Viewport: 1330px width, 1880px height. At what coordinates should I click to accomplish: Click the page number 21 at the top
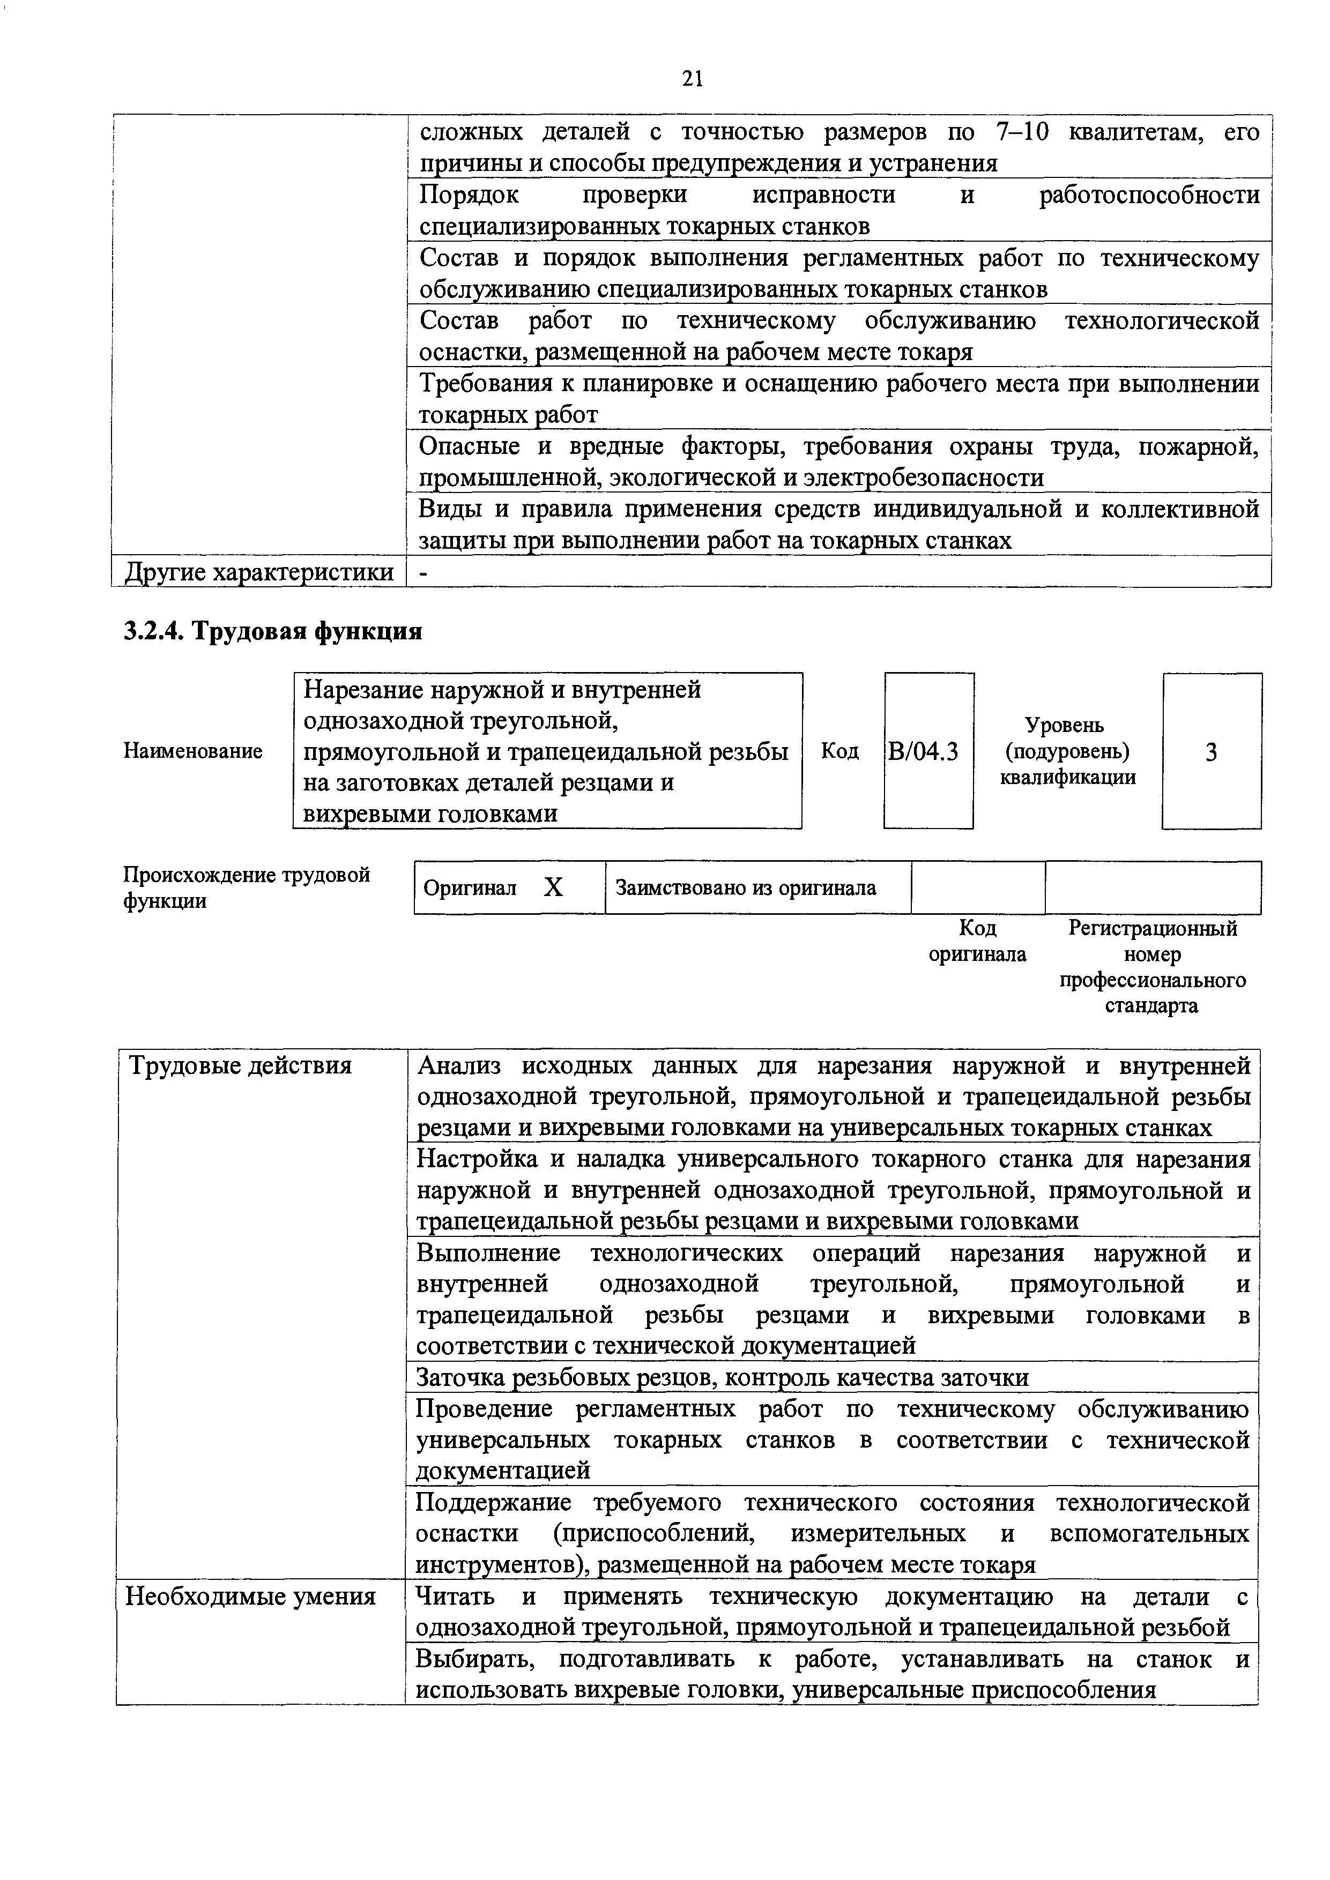[x=692, y=79]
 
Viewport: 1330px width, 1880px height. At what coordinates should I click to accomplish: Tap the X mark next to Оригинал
[x=554, y=887]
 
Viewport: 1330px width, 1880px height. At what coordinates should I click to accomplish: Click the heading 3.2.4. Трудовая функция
[x=273, y=631]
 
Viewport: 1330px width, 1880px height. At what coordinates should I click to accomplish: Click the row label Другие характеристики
[x=259, y=571]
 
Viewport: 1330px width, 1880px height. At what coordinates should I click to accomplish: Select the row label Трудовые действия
[x=241, y=1066]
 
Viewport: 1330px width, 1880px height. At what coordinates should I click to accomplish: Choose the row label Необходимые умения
[x=250, y=1596]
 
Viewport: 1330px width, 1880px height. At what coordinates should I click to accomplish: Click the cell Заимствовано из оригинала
[x=745, y=887]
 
